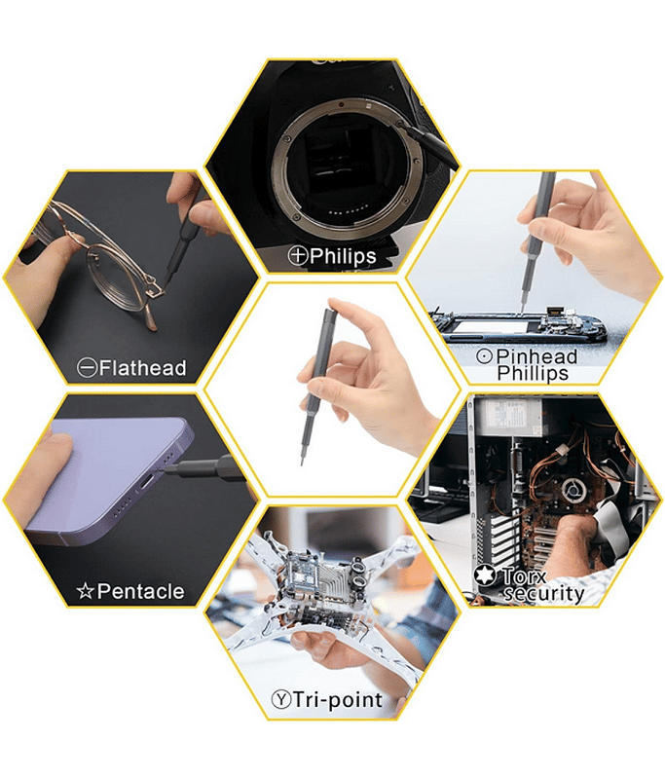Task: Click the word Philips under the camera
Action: (x=343, y=256)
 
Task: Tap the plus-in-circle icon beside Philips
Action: (x=298, y=256)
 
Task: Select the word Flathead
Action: (x=142, y=368)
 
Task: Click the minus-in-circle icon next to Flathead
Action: (x=87, y=368)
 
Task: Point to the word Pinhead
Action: (x=536, y=356)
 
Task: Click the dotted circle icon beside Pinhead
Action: (x=484, y=355)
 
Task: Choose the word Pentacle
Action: (x=140, y=591)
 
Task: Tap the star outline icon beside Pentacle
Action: (x=86, y=591)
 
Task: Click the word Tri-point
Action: (x=338, y=699)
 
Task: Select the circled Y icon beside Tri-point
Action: (x=281, y=699)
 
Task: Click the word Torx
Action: (x=524, y=576)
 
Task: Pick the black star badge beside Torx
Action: (x=485, y=575)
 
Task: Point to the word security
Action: (x=543, y=594)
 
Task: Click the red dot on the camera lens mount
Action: (x=341, y=105)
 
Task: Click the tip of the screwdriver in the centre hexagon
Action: (x=303, y=464)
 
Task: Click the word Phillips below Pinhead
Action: (x=533, y=374)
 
